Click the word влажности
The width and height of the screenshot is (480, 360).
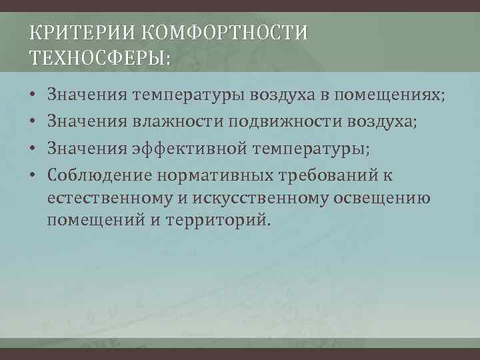click(178, 122)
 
